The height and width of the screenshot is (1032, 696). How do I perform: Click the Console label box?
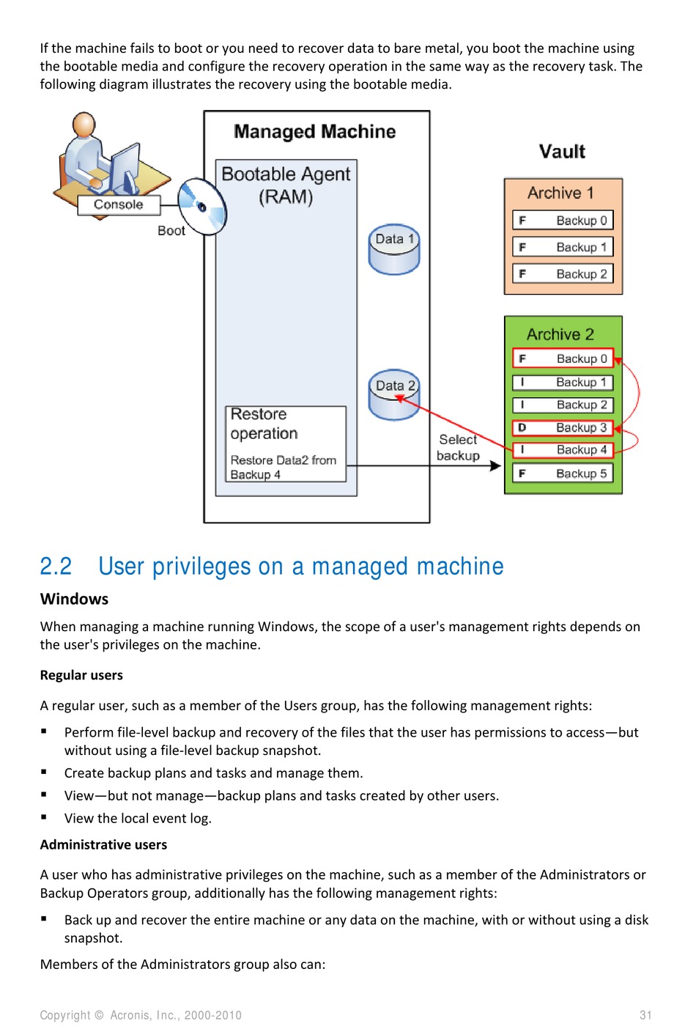(x=119, y=204)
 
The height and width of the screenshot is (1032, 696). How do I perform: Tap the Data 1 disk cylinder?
(x=394, y=249)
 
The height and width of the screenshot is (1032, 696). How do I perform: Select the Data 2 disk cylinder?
(x=394, y=395)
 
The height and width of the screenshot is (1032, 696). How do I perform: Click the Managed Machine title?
(x=314, y=132)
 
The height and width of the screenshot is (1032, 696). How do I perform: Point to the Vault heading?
(x=562, y=152)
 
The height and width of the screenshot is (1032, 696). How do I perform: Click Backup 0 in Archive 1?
(x=563, y=220)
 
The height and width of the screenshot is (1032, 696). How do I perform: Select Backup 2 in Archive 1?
(x=563, y=273)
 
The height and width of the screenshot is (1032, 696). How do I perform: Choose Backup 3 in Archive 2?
(x=563, y=427)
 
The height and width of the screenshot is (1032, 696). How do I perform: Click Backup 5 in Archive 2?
(x=563, y=473)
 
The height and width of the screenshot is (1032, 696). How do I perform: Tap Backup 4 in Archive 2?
(x=563, y=449)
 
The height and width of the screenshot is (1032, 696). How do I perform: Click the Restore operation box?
(x=286, y=443)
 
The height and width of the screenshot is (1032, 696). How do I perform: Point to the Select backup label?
(x=459, y=447)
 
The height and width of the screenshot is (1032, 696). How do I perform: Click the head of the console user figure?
(x=84, y=124)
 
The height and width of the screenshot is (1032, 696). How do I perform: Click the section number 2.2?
(x=56, y=567)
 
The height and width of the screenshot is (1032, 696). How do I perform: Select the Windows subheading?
(x=74, y=599)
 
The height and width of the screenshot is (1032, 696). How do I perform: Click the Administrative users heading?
(x=103, y=844)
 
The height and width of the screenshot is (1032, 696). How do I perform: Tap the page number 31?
(x=645, y=1015)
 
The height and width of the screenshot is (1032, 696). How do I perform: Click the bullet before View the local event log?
(x=44, y=817)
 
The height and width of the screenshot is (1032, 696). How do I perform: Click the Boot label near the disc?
(x=171, y=230)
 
